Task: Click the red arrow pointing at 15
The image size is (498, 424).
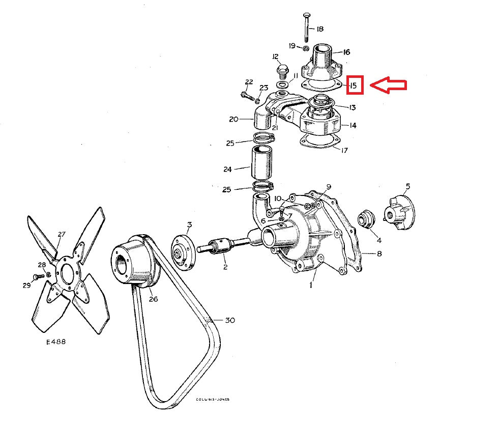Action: [388, 85]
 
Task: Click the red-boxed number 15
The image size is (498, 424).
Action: [355, 85]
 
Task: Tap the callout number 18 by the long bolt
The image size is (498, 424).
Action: [320, 30]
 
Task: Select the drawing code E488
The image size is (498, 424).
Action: [55, 342]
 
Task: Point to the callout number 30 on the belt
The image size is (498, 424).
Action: [230, 320]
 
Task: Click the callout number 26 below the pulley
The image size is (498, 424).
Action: [153, 299]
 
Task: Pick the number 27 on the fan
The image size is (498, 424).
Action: [62, 235]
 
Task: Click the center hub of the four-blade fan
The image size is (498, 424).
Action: [65, 272]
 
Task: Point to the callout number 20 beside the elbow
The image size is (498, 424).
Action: [234, 120]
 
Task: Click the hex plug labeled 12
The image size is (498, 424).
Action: [281, 69]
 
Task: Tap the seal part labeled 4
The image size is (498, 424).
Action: [365, 219]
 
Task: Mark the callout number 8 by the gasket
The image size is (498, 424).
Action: [379, 253]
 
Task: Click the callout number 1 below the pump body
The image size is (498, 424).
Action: [311, 286]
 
